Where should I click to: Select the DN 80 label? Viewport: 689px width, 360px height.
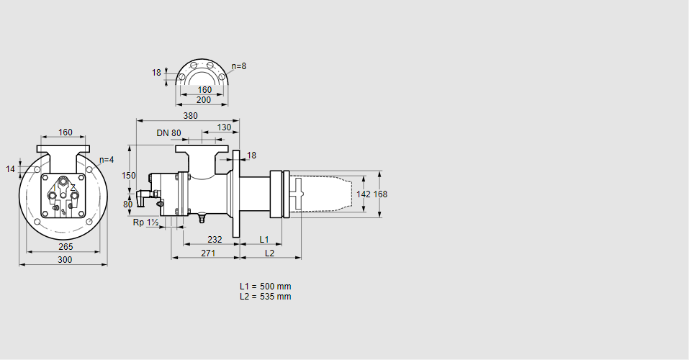(168, 133)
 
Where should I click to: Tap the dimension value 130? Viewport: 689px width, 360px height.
(224, 127)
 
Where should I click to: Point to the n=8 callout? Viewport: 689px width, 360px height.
(239, 66)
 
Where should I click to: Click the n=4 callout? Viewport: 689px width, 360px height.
(107, 160)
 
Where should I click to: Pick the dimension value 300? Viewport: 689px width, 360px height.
(65, 260)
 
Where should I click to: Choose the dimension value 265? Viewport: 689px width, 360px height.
(65, 247)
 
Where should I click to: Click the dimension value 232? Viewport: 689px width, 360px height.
(215, 239)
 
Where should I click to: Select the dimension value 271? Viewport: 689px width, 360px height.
(208, 253)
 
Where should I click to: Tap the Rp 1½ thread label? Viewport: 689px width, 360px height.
(145, 223)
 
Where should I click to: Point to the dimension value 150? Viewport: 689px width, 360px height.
(128, 176)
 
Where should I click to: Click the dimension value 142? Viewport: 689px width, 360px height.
(364, 194)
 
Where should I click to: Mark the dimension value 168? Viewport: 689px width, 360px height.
(380, 194)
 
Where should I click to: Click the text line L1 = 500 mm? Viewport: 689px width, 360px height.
(266, 287)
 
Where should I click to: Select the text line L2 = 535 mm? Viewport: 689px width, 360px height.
(266, 297)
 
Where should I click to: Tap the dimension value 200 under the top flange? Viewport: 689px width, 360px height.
(204, 100)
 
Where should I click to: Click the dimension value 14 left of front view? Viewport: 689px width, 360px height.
(10, 169)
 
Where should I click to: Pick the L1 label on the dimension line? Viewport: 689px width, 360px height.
(264, 239)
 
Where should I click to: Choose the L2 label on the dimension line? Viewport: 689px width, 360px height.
(269, 253)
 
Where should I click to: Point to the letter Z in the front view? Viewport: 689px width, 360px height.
(73, 187)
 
